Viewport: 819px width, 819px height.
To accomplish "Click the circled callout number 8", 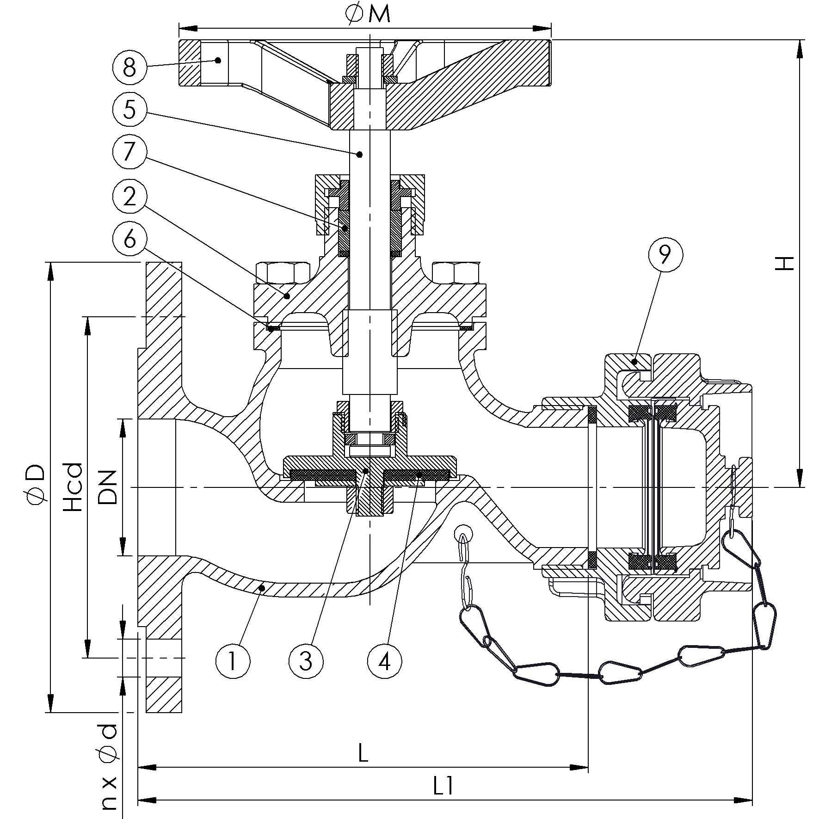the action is click(x=129, y=68).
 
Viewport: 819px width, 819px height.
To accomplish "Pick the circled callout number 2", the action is click(x=129, y=196).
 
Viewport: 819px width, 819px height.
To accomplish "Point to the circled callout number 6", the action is click(x=129, y=240).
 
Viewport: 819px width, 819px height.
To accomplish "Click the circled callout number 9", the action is click(x=665, y=255).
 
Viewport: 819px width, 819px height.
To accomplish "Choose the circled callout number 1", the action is click(x=233, y=662).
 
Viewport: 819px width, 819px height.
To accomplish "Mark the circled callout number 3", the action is click(x=306, y=662).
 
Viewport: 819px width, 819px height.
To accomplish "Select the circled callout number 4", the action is click(x=385, y=662).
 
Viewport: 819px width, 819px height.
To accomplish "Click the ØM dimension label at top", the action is click(x=368, y=14).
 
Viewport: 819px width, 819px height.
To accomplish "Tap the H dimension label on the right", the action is click(x=785, y=263).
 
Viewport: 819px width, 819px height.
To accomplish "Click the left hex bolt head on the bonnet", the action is click(x=283, y=273).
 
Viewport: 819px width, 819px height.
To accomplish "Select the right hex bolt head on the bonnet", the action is click(x=456, y=273).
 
